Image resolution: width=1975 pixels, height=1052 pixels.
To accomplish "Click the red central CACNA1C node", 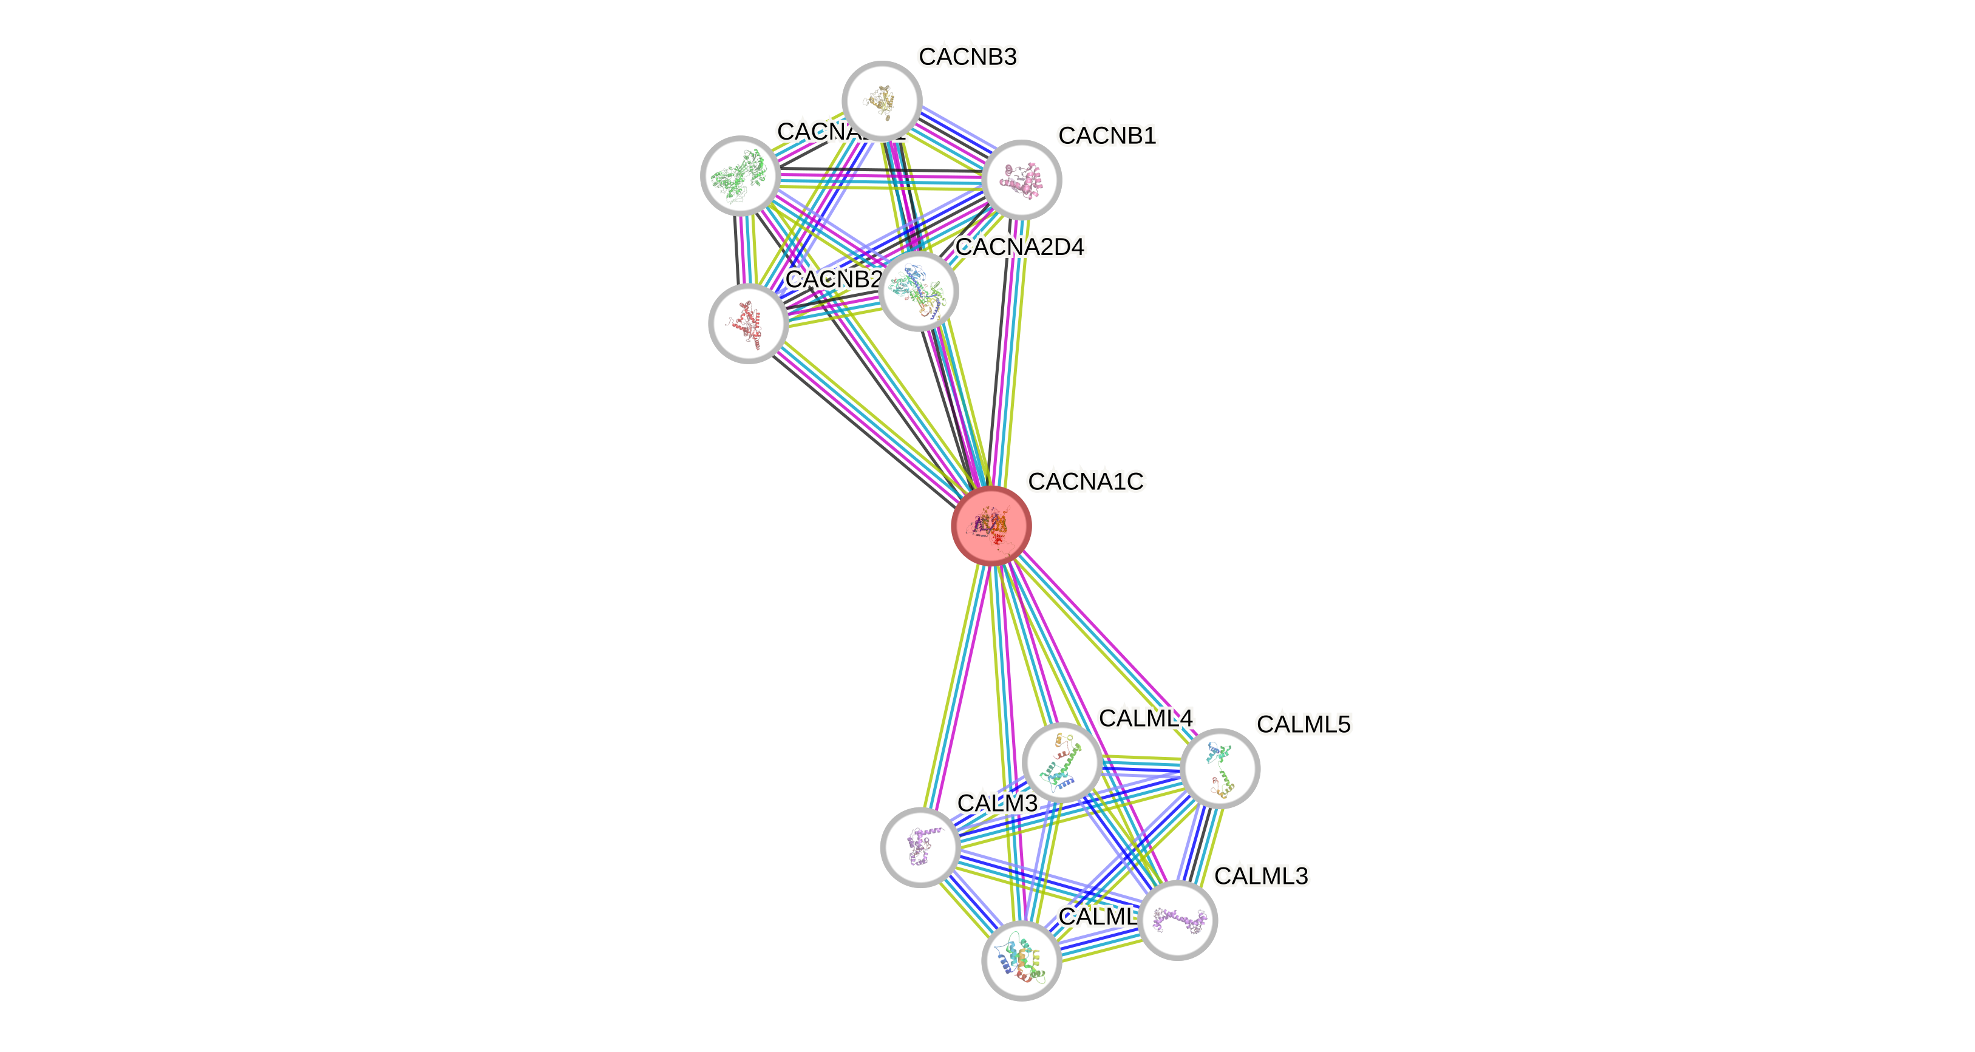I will [991, 526].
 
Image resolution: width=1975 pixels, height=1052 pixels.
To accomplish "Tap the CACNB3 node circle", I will [882, 100].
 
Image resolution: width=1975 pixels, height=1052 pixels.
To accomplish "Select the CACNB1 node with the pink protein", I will [1021, 180].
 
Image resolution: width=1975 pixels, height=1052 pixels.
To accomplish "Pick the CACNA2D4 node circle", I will [919, 291].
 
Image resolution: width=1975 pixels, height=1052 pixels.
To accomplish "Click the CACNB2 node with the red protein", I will [747, 323].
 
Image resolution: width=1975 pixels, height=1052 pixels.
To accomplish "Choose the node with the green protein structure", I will [740, 175].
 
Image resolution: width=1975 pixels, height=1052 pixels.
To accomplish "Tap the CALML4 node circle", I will [1062, 762].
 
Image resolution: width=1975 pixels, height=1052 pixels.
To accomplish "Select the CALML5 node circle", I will [1219, 769].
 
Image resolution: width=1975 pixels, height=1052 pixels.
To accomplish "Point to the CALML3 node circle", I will [1178, 920].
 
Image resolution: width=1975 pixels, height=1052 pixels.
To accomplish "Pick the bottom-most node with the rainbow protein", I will [1021, 961].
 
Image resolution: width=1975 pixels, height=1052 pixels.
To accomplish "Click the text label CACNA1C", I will [1086, 481].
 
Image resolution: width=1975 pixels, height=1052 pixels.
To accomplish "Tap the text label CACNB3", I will [968, 56].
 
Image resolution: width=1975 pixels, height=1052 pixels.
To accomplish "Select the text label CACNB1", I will [1107, 136].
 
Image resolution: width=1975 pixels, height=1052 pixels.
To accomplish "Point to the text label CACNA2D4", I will [1020, 247].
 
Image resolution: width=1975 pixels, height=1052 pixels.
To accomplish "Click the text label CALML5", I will [1304, 724].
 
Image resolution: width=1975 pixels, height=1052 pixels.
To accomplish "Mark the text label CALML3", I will [1261, 875].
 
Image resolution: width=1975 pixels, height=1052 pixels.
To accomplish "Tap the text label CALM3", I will [997, 803].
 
